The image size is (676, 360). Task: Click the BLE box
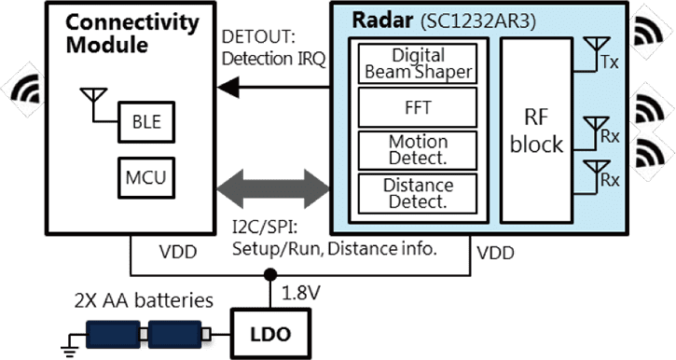146,122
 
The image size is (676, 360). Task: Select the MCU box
146,177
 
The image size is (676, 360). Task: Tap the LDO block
270,334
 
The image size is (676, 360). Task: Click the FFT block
418,107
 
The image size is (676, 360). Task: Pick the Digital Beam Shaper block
418,63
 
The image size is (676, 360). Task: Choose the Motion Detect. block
418,150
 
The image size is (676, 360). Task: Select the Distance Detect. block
418,194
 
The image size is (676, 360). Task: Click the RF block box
536,131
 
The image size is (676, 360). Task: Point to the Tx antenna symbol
596,48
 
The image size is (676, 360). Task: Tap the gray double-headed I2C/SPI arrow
273,188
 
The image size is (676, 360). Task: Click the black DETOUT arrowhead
228,88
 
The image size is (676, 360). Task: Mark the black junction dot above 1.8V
270,274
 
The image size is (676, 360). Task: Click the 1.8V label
301,293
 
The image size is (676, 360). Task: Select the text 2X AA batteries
144,300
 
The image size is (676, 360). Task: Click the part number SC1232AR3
478,21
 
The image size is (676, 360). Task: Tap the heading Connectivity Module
131,34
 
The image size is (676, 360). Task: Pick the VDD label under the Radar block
495,253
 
